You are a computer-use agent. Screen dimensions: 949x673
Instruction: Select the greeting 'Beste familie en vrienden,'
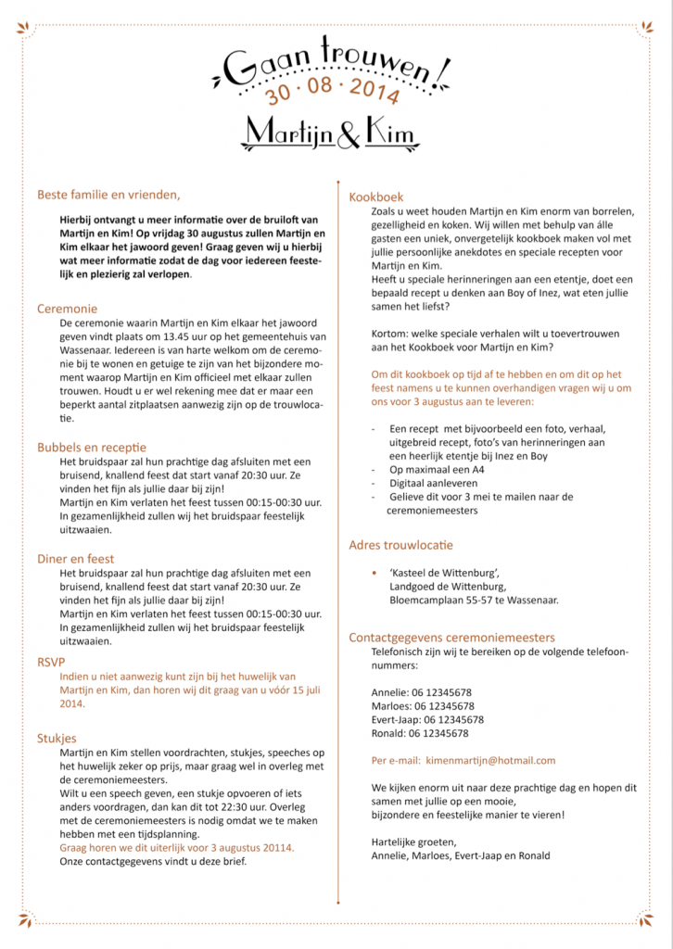tap(108, 195)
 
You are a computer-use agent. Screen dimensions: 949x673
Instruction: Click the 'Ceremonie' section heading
tap(67, 308)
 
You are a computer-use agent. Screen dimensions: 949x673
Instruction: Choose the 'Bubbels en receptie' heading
tap(92, 447)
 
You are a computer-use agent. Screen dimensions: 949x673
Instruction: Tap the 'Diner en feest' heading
tap(76, 558)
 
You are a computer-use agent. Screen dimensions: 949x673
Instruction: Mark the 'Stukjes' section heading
tap(57, 738)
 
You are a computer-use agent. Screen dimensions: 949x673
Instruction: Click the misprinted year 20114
tap(273, 847)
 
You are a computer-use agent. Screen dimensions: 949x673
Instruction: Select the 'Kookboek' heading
tap(376, 196)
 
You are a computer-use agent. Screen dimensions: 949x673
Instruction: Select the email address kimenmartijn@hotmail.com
tap(490, 760)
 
